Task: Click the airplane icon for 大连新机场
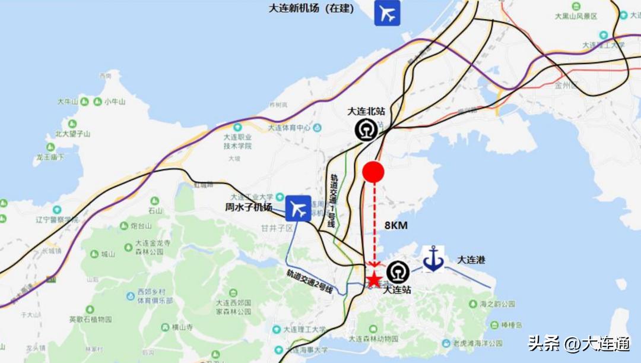click(387, 13)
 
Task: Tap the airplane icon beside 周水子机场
click(298, 209)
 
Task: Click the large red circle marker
click(373, 172)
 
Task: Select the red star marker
click(374, 280)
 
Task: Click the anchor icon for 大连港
click(434, 260)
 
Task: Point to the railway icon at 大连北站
click(366, 130)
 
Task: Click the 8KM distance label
click(396, 225)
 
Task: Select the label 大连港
click(471, 260)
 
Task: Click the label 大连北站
click(366, 111)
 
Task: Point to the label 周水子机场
click(249, 207)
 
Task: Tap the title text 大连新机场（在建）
click(311, 8)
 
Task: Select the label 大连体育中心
click(290, 128)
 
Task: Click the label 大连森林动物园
click(374, 339)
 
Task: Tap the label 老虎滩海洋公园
click(478, 343)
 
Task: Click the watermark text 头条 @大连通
click(579, 343)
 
